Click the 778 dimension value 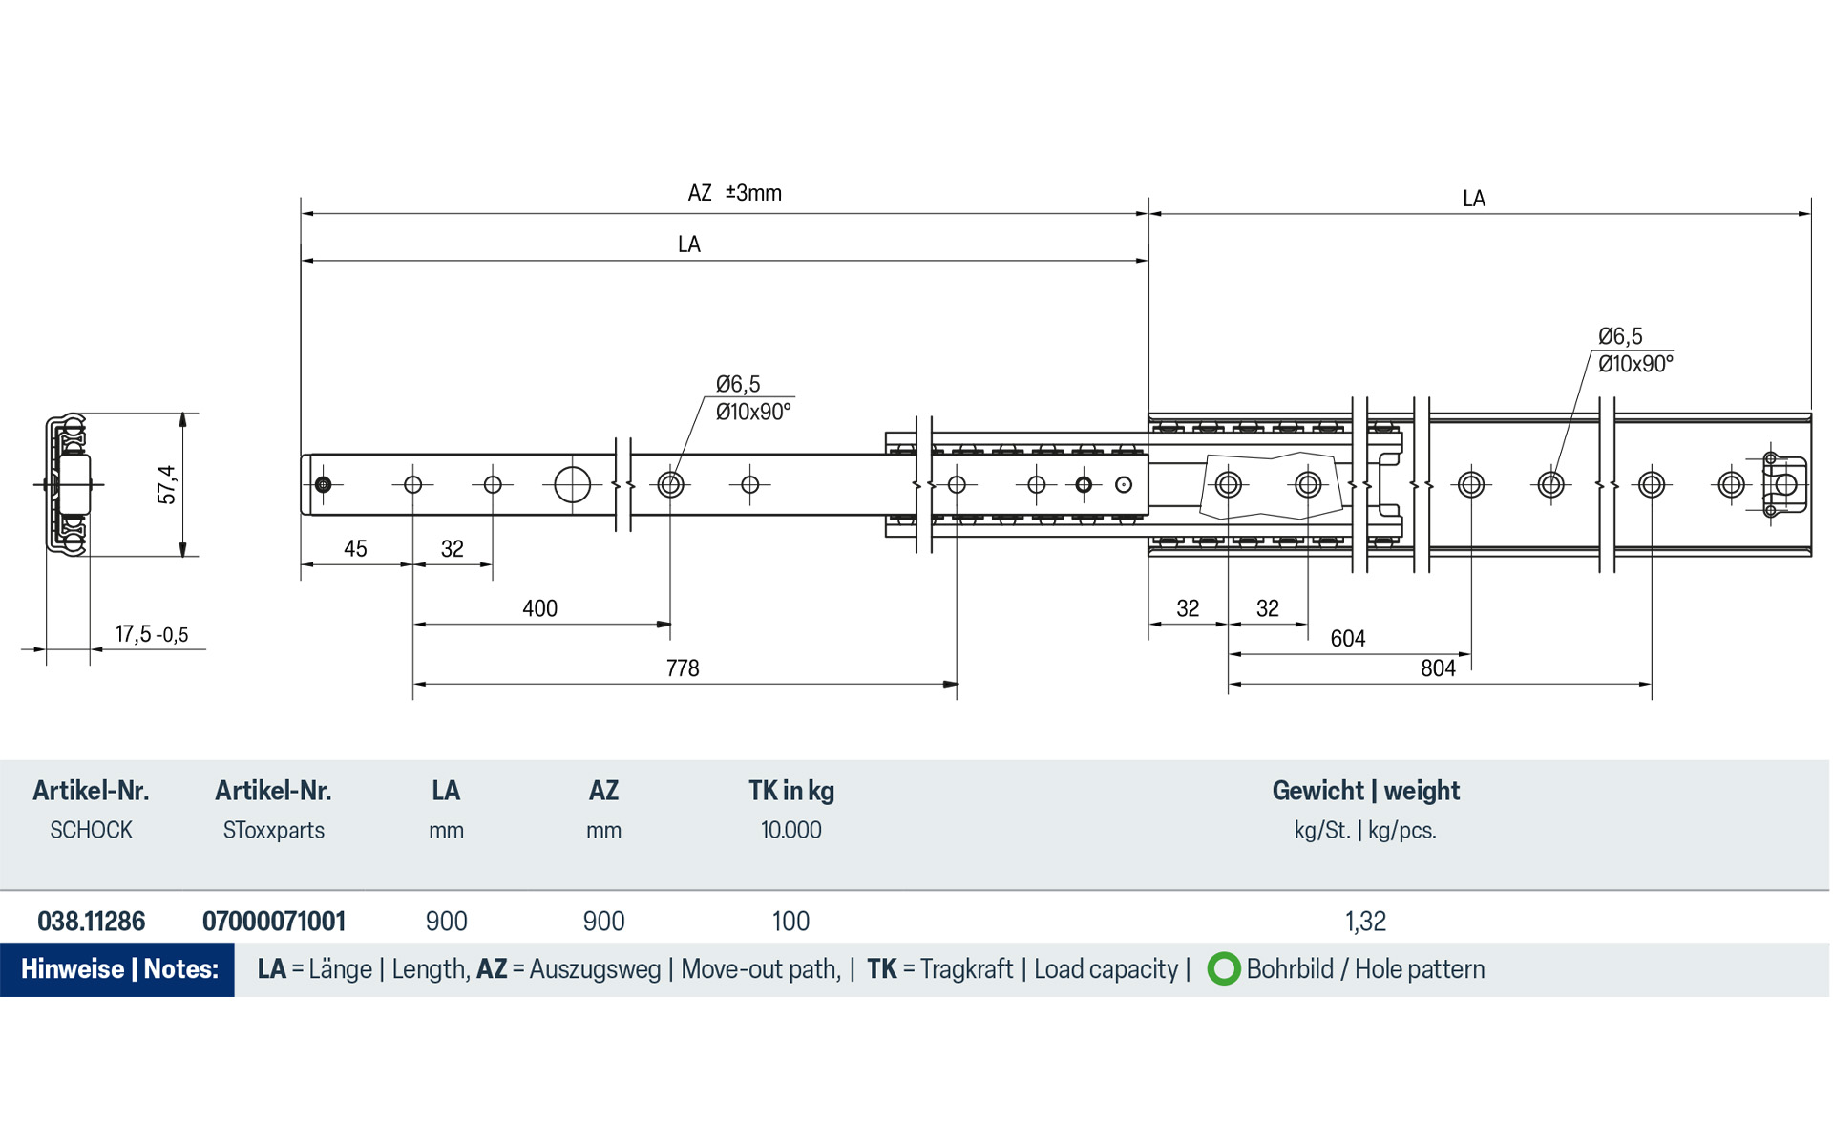[683, 668]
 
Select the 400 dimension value [539, 608]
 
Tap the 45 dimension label [355, 549]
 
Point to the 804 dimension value [1438, 668]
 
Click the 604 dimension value [1347, 638]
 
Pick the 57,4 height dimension [167, 485]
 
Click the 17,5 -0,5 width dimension [152, 634]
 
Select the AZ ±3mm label [734, 193]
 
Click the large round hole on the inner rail [572, 485]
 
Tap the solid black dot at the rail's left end [323, 485]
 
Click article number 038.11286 [92, 922]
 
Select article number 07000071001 [274, 922]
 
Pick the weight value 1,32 [1365, 922]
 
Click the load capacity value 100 [790, 922]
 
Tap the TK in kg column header [790, 791]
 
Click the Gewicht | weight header [1365, 791]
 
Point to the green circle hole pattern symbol [1223, 969]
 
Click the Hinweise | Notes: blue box [118, 969]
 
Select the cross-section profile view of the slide [67, 485]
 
